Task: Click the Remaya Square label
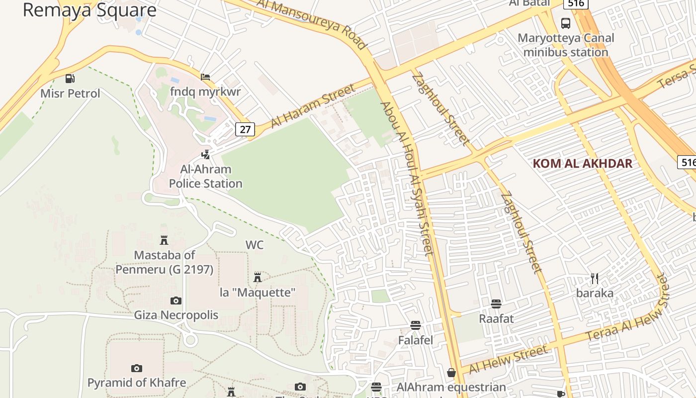(89, 10)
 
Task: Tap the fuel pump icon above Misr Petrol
(70, 78)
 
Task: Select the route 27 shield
(245, 130)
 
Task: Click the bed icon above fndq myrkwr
(205, 77)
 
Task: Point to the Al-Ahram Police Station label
(205, 177)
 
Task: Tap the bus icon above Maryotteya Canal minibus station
(566, 23)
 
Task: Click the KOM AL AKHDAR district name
(582, 164)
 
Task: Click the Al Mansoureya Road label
(312, 23)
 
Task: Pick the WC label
(255, 245)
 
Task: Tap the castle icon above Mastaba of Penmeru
(164, 241)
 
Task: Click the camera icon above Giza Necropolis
(176, 300)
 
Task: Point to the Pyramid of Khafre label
(137, 383)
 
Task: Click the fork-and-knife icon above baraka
(595, 278)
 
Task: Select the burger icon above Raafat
(496, 303)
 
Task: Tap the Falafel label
(416, 340)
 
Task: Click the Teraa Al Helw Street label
(628, 314)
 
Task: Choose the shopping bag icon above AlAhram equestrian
(451, 372)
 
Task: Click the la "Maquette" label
(258, 292)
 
